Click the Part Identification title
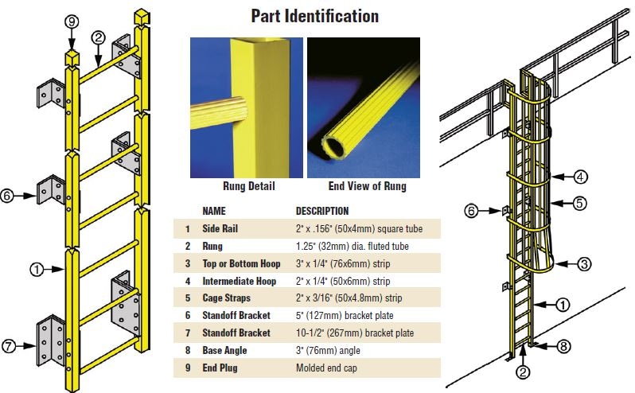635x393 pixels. [x=314, y=16]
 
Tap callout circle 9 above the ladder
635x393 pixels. [x=72, y=22]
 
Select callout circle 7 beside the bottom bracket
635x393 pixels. [x=10, y=347]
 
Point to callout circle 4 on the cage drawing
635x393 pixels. [x=581, y=177]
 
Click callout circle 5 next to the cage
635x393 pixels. [x=580, y=203]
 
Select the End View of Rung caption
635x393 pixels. [x=367, y=186]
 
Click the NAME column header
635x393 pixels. [x=214, y=212]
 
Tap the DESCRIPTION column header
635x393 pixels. [x=321, y=212]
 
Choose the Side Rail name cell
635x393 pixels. [x=220, y=229]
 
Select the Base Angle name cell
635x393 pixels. [x=224, y=351]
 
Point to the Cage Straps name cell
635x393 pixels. [x=226, y=298]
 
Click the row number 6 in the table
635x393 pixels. [x=187, y=316]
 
